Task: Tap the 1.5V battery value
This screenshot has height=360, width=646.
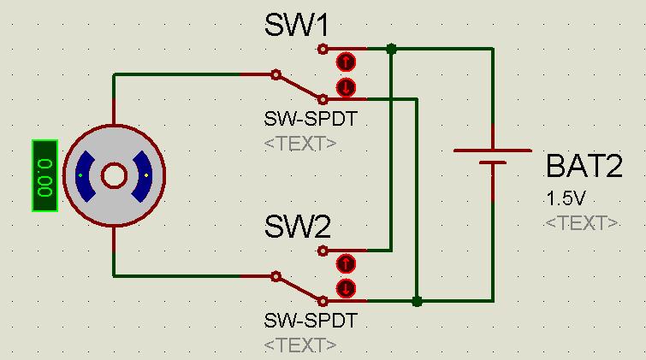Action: pos(566,198)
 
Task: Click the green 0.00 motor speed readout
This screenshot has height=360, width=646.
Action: pos(44,176)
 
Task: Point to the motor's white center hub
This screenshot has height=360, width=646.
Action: pos(114,176)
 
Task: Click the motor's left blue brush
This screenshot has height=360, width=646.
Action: pos(86,176)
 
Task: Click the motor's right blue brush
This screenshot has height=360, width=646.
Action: pos(141,176)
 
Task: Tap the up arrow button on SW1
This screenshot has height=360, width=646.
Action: pos(346,62)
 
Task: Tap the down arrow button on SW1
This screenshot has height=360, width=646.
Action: pos(346,86)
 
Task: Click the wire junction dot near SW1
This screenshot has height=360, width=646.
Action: pos(391,50)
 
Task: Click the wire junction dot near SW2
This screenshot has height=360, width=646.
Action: pos(417,301)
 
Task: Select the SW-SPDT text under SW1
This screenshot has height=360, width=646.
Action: pos(311,120)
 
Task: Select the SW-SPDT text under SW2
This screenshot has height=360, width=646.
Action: pos(311,322)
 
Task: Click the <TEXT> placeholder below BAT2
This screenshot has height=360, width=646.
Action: pos(582,223)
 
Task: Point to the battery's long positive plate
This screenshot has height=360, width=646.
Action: pos(492,150)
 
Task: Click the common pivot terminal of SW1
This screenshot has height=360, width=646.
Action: pos(276,75)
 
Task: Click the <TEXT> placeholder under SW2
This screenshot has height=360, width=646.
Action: pos(299,345)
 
